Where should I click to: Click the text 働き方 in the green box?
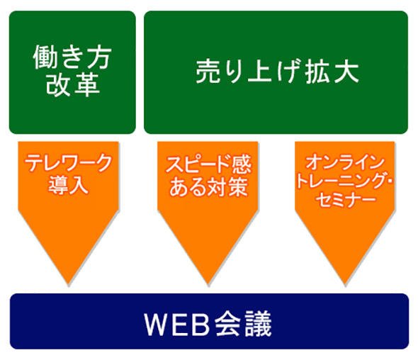[x=72, y=57]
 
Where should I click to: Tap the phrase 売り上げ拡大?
[x=277, y=72]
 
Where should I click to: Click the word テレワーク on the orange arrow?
[x=69, y=163]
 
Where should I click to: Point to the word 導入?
[x=68, y=185]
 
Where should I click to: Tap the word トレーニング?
[x=341, y=181]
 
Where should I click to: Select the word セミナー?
[x=346, y=199]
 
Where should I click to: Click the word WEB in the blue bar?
[x=176, y=325]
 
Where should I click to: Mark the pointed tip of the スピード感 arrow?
[x=208, y=285]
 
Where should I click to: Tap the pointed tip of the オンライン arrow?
[x=345, y=285]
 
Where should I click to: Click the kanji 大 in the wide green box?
[x=346, y=72]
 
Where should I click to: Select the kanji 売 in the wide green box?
[x=208, y=72]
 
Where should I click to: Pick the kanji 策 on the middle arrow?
[x=238, y=187]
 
